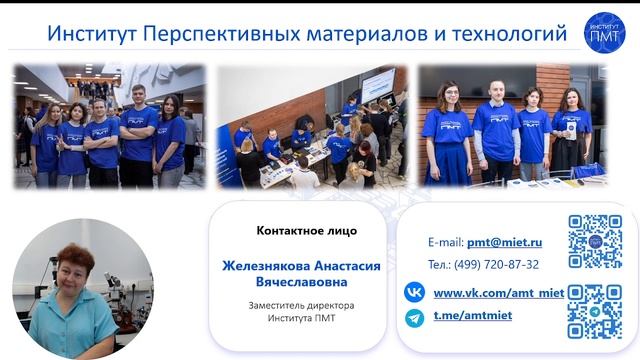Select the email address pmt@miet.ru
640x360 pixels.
point(505,242)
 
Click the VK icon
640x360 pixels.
point(414,292)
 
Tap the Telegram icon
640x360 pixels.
point(414,317)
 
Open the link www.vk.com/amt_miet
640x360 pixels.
point(499,292)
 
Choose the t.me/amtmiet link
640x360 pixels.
point(471,317)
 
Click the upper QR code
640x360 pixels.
point(595,241)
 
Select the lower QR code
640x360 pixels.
point(595,312)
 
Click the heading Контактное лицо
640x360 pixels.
point(306,231)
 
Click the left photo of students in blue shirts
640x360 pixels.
point(109,126)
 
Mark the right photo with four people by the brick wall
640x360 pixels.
point(512,126)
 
